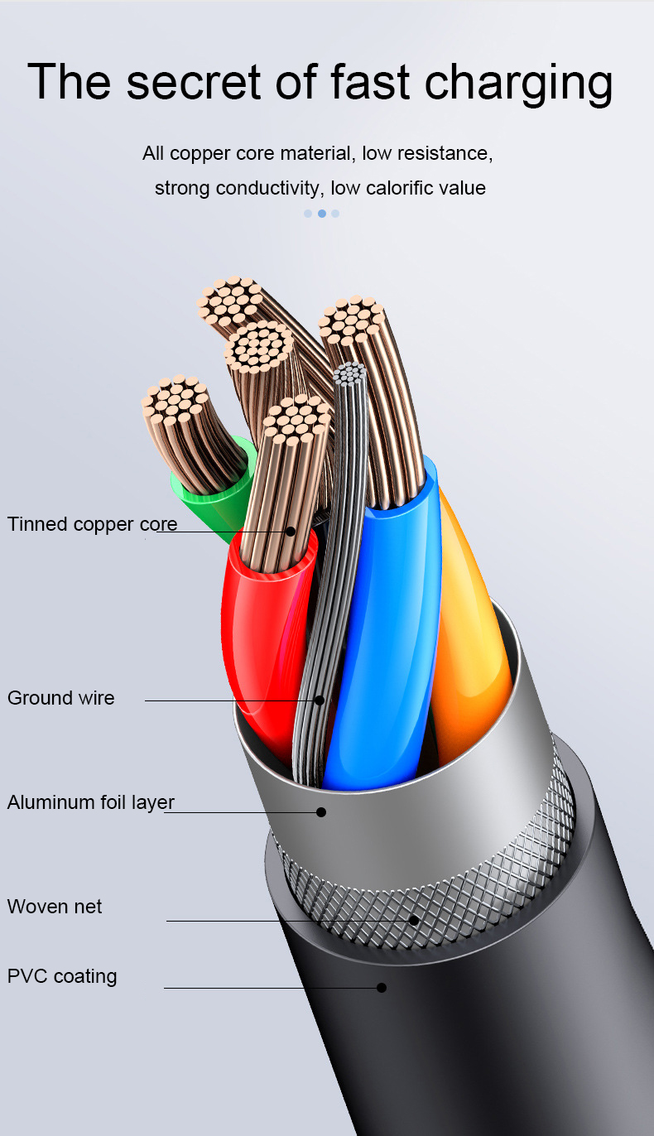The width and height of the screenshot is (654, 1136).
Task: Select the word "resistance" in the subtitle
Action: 445,153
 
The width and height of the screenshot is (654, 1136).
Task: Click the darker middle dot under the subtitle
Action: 321,214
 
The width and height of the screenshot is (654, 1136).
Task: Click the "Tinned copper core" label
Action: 92,524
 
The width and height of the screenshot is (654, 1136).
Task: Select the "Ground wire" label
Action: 61,698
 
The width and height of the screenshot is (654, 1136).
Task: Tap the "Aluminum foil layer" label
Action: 91,802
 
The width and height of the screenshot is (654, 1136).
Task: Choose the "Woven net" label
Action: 55,907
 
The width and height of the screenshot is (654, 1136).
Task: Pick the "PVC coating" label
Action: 62,976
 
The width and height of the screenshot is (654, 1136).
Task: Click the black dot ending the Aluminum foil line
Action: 321,812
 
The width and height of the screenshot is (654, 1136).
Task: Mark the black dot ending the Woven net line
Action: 414,920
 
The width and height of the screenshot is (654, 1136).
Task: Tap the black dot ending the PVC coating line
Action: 382,988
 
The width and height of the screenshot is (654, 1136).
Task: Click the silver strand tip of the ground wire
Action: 351,374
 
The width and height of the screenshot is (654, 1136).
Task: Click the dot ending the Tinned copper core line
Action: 291,531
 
